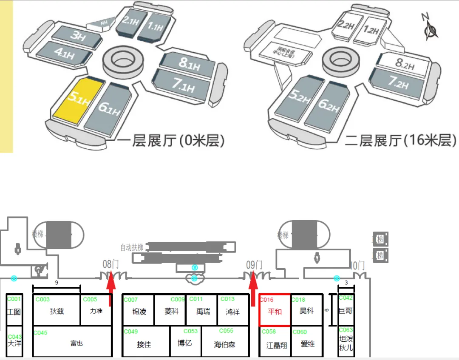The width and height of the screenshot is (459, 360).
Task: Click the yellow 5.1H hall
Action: point(78,101)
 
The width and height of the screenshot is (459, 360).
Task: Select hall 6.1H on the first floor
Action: point(109,107)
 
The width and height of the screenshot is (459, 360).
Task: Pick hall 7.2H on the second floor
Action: point(398,82)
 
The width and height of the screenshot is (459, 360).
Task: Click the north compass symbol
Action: point(431,28)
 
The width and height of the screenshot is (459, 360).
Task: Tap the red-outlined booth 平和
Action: point(275,311)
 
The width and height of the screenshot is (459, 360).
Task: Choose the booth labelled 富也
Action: point(76,343)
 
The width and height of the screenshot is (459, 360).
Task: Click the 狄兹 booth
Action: point(57,311)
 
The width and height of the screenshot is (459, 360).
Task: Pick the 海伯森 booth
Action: point(224,344)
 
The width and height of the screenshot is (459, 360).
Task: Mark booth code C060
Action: point(300,332)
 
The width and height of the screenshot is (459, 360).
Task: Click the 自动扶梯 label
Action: point(132,247)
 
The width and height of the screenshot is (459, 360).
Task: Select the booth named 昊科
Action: point(306,311)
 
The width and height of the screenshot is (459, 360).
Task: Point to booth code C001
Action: point(14,299)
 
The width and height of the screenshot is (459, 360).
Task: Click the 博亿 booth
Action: point(185,343)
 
